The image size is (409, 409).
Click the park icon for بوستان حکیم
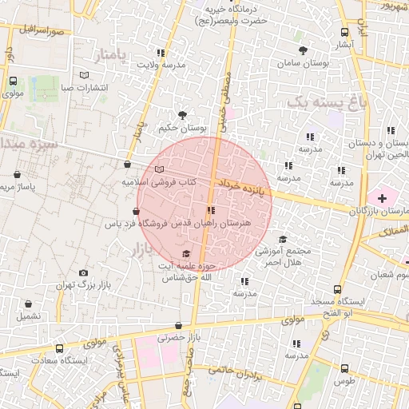click(x=183, y=115)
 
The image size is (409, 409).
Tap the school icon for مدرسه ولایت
click(x=163, y=52)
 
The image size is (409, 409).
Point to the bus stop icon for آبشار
click(x=344, y=33)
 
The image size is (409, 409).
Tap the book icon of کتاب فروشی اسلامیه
click(x=160, y=169)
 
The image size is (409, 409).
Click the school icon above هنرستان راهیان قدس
click(x=210, y=211)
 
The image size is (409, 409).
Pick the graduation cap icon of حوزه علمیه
click(x=165, y=253)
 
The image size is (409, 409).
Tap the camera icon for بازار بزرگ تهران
click(x=83, y=273)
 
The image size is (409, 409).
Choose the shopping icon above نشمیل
click(x=29, y=304)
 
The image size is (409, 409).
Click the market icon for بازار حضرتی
click(x=177, y=325)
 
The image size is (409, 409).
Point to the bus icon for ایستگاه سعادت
click(x=58, y=349)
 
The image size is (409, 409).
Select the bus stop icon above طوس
click(x=344, y=369)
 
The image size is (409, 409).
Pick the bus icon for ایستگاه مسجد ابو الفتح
click(x=338, y=289)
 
